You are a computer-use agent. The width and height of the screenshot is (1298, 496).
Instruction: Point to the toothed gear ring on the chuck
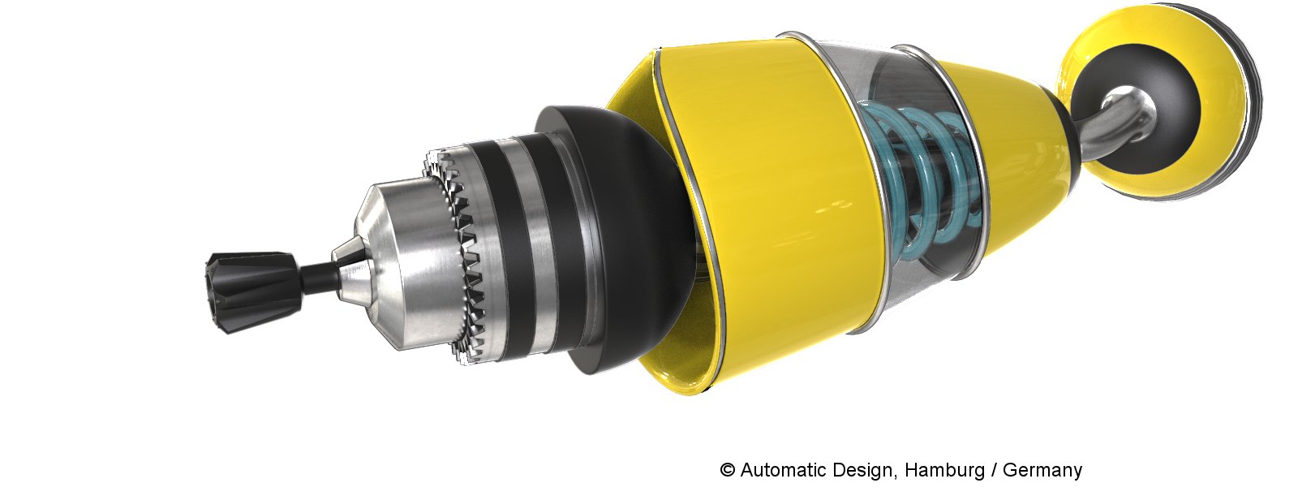(x=458, y=255)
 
